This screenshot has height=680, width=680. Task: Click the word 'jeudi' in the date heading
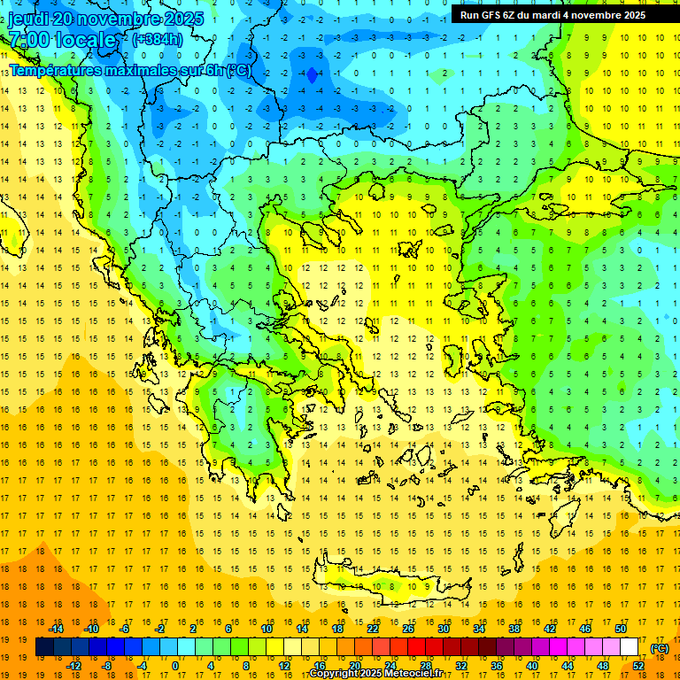point(29,19)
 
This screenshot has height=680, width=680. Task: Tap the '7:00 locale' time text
point(62,40)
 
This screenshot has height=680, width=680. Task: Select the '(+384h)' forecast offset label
point(158,39)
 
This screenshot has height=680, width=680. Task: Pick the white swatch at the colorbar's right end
point(629,647)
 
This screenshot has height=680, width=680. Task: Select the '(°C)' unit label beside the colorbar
point(660,648)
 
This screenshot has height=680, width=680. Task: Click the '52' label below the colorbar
point(638,666)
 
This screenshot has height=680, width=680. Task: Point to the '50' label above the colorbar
point(621,629)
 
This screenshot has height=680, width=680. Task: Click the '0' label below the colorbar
point(175,666)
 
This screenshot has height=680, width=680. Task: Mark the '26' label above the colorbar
point(408,629)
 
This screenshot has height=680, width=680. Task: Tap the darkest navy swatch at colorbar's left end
point(44,647)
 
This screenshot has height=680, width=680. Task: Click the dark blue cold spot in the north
point(312,76)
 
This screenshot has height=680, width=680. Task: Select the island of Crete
point(381,584)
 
